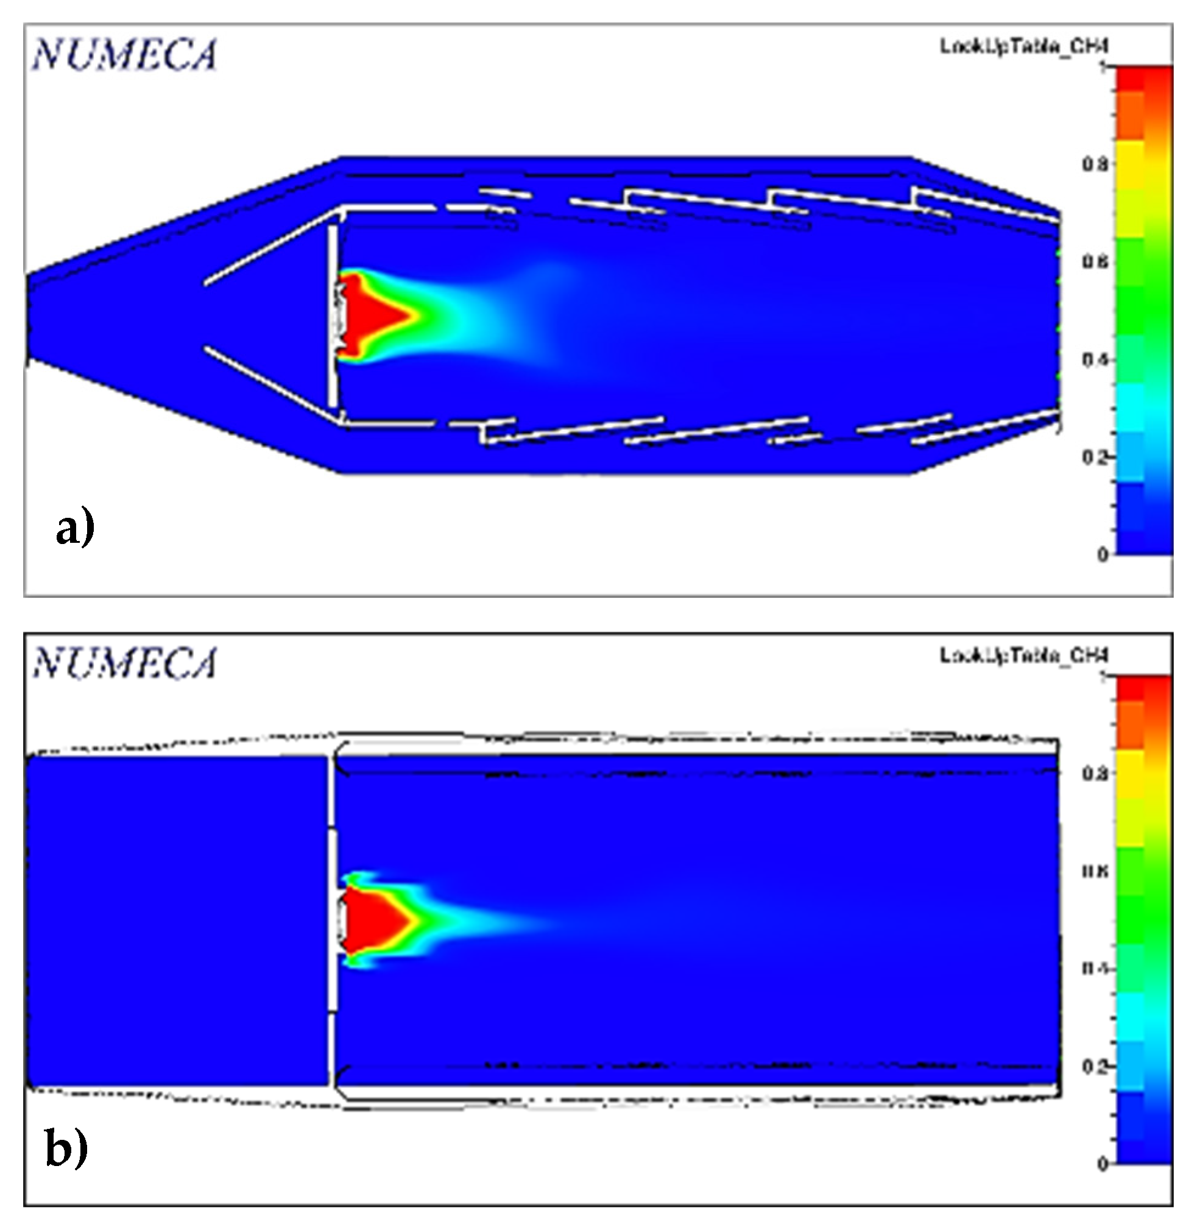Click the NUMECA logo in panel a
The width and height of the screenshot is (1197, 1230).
tap(124, 54)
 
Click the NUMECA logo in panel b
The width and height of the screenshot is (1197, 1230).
tap(124, 663)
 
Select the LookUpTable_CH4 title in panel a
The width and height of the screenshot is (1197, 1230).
tap(1023, 46)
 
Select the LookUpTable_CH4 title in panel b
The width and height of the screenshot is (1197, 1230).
tap(1023, 656)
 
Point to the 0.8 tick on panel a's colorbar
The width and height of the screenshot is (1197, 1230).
tap(1095, 164)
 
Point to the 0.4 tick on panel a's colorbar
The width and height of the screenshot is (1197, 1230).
tap(1095, 359)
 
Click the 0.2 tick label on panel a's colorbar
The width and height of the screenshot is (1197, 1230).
tap(1095, 457)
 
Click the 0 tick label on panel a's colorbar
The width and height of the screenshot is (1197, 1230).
tap(1102, 554)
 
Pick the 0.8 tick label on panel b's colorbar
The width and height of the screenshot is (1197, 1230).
tap(1095, 774)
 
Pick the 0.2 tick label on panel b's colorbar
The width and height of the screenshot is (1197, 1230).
tap(1095, 1067)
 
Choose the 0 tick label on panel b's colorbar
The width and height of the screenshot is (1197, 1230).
tap(1102, 1164)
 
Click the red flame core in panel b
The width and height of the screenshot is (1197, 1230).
tap(371, 920)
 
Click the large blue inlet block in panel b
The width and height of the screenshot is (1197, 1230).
tap(176, 918)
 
